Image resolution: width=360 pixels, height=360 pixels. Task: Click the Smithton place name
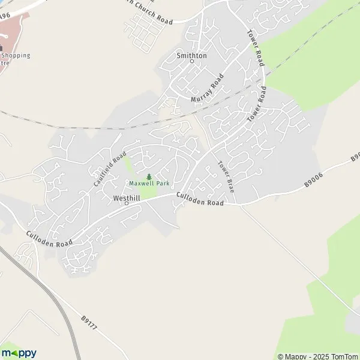coord(191,55)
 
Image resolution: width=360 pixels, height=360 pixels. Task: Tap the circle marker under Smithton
coord(192,61)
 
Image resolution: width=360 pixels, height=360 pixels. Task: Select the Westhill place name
coord(126,197)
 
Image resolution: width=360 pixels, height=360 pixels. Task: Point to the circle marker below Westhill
coord(127,203)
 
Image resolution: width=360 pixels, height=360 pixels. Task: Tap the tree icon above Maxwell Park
coord(148,176)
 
